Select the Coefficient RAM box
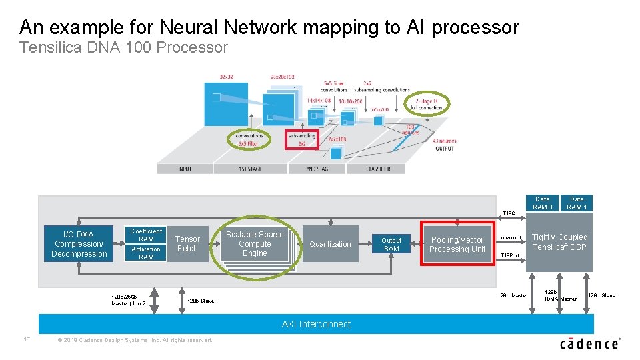click(146, 235)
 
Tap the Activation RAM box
click(146, 253)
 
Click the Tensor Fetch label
click(187, 244)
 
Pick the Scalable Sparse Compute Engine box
click(255, 244)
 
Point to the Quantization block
click(330, 244)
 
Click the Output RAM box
click(391, 244)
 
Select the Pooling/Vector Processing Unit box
click(457, 245)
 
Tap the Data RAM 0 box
click(543, 203)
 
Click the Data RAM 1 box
click(577, 203)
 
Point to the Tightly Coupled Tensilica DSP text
click(559, 242)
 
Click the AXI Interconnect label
click(316, 324)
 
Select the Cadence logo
click(590, 343)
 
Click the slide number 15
click(27, 339)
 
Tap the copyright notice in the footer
click(135, 340)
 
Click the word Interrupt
click(511, 238)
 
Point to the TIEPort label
click(510, 255)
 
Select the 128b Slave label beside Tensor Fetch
click(201, 301)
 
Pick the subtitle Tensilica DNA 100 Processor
click(123, 47)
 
